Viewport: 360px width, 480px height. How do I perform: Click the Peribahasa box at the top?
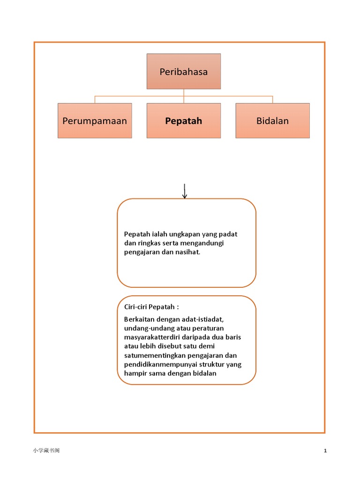(184, 71)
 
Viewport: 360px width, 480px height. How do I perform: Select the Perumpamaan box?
(95, 120)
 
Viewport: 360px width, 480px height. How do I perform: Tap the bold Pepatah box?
(184, 120)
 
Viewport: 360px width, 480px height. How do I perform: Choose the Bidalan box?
(272, 120)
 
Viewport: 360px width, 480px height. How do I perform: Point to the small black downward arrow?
(185, 191)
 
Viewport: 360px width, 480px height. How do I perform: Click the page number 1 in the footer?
(325, 450)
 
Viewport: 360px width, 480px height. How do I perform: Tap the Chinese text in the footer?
(46, 450)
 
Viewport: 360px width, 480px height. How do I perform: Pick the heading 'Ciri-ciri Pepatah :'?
(151, 307)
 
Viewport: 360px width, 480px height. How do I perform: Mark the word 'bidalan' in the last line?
(204, 373)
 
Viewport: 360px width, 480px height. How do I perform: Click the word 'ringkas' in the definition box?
(149, 243)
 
